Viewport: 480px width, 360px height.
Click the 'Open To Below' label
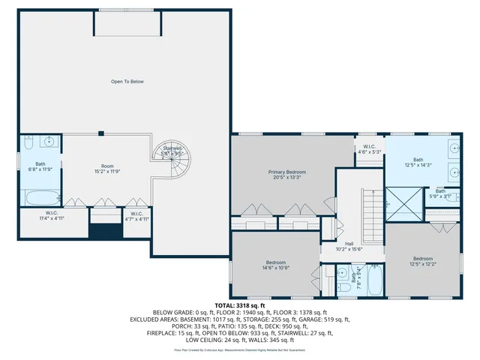coord(127,82)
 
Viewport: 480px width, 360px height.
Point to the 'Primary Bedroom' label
coord(287,175)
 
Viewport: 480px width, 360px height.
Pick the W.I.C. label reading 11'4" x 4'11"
coord(52,217)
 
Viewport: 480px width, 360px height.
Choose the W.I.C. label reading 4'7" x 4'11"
coord(136,217)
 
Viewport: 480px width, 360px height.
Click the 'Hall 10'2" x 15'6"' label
coord(349,247)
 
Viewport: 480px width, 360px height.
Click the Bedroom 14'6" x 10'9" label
coord(276,265)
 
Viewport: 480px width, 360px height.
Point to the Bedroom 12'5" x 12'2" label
coord(422,262)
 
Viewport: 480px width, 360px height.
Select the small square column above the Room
coord(100,133)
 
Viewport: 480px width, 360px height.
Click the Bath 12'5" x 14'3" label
coord(418,162)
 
